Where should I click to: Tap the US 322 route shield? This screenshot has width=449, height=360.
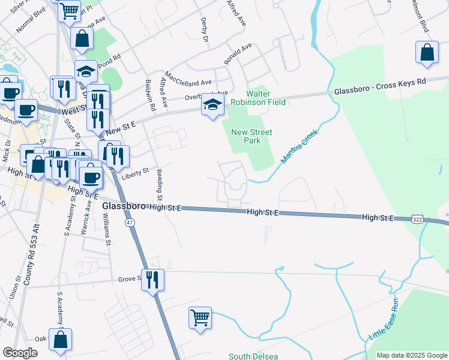(418, 220)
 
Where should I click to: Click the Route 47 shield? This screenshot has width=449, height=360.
(130, 223)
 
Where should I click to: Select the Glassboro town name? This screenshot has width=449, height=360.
(124, 206)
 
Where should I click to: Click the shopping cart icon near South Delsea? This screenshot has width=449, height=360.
(200, 317)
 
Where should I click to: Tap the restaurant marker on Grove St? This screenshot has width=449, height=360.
(152, 279)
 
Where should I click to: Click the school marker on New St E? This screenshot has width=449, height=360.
(211, 104)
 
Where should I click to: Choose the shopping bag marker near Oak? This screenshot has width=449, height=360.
(61, 339)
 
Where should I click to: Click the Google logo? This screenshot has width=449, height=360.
(20, 353)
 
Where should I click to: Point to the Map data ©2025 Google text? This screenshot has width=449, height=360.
(411, 355)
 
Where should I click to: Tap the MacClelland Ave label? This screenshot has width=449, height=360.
(188, 81)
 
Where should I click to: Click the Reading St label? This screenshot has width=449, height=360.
(160, 185)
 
